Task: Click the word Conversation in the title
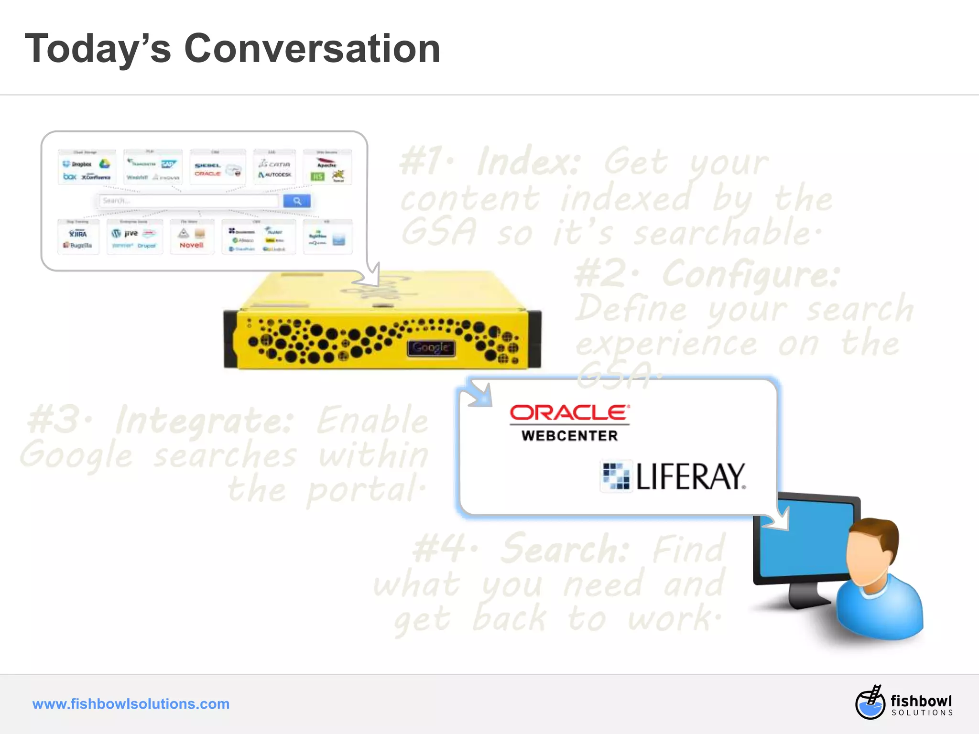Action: (312, 49)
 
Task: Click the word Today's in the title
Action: (98, 50)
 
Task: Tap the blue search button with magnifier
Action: (296, 201)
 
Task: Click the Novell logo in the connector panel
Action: (191, 245)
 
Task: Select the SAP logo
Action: (168, 164)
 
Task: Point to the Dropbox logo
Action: (77, 164)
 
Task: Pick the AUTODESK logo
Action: (275, 175)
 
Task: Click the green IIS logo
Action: (317, 177)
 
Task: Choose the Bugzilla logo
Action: (78, 245)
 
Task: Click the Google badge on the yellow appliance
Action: (431, 347)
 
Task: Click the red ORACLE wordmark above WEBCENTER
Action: (569, 413)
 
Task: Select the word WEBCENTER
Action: (570, 436)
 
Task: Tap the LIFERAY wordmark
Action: (690, 476)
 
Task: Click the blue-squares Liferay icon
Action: (616, 476)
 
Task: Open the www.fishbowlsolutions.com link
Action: (131, 704)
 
